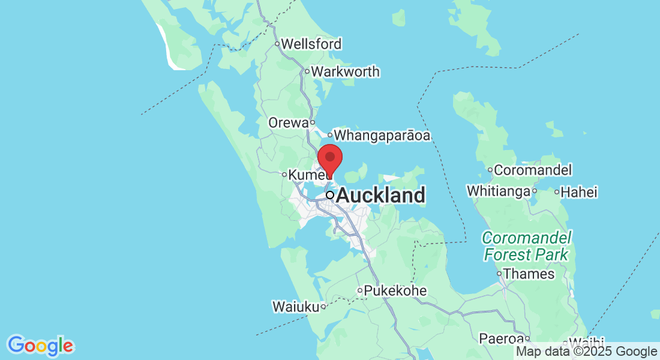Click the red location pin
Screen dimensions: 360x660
coord(329,158)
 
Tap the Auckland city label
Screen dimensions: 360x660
coord(381,195)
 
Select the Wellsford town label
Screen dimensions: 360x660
coord(311,44)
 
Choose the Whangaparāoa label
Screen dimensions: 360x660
coord(382,136)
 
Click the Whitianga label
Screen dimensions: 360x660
coord(499,191)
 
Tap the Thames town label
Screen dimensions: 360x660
coord(529,274)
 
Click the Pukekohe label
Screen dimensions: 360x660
coord(395,291)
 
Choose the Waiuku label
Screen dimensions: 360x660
coord(295,307)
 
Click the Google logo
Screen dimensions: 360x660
coord(41,346)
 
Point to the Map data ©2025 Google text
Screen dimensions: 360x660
coord(587,352)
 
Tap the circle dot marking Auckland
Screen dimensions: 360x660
coord(330,195)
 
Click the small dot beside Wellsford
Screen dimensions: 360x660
coord(277,44)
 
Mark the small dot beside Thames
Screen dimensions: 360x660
coord(499,274)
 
